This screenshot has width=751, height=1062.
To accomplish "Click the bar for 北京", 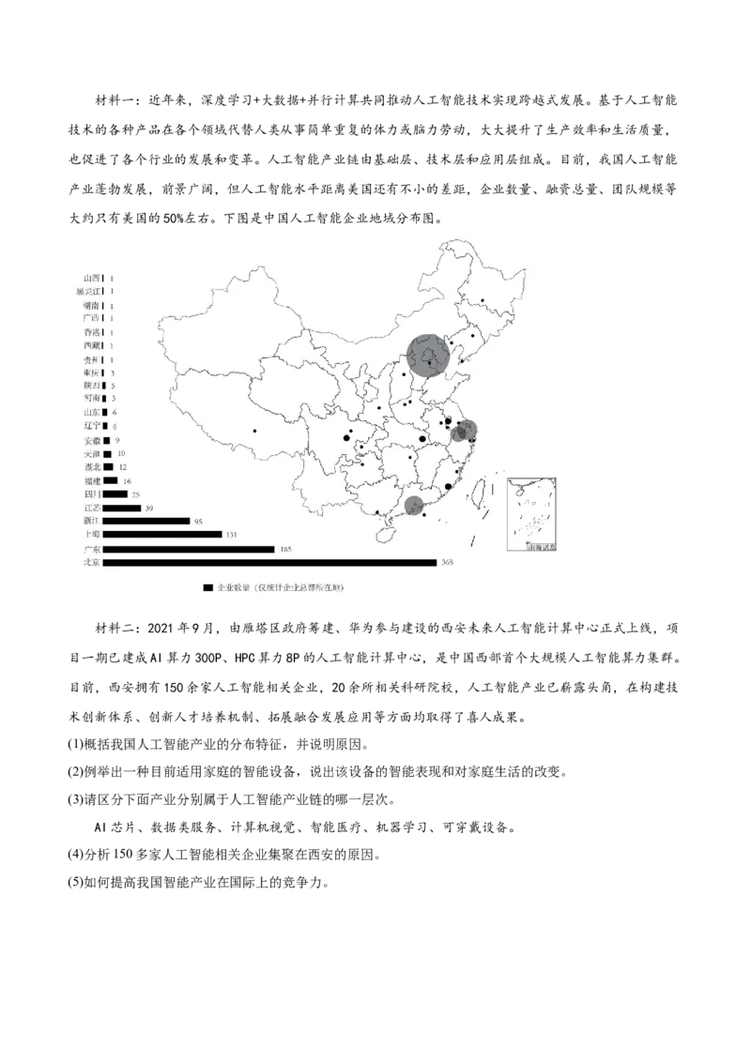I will (269, 563).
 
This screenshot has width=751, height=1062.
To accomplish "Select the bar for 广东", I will (188, 549).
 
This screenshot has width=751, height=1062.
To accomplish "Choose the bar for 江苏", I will (121, 508).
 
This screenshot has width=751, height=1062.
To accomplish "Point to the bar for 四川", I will (115, 494).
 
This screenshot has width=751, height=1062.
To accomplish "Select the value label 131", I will (232, 535).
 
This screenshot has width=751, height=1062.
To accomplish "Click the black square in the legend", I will (207, 588).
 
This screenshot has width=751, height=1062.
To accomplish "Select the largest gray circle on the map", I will (428, 357).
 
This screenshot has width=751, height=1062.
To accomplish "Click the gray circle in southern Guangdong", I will (414, 507).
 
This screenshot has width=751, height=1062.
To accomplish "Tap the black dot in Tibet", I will (254, 431).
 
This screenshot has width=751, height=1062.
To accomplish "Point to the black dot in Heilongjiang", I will (483, 301).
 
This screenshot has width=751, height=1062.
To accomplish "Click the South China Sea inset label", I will (541, 545).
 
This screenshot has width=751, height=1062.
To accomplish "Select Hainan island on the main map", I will (383, 532).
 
